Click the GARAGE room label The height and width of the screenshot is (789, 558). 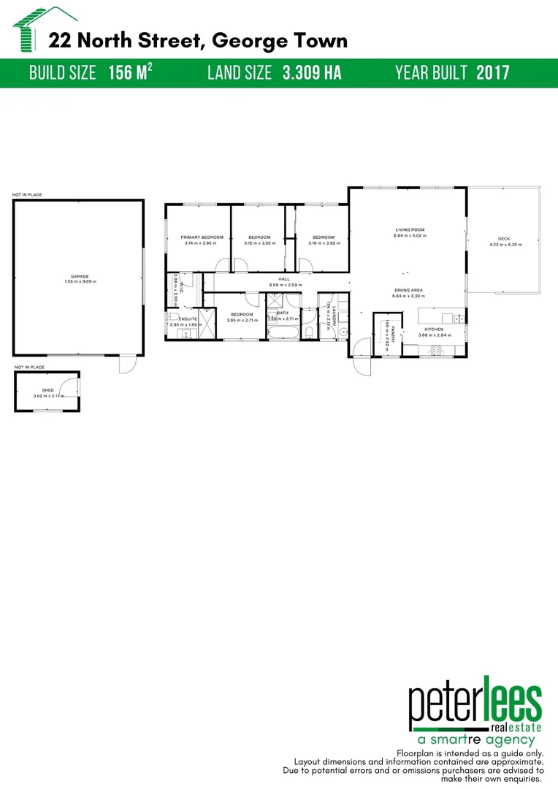click(80, 277)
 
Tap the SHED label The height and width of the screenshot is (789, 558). click(48, 391)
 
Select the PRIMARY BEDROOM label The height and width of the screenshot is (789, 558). click(202, 237)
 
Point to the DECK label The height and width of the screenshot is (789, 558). click(504, 238)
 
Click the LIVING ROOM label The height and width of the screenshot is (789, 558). click(409, 230)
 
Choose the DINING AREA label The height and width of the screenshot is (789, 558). click(408, 290)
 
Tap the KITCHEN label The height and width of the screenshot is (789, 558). click(435, 330)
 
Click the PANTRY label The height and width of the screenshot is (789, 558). click(392, 335)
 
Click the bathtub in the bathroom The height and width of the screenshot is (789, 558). click(283, 334)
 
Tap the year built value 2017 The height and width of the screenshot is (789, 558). click(492, 73)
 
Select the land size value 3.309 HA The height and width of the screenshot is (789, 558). click(312, 73)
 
